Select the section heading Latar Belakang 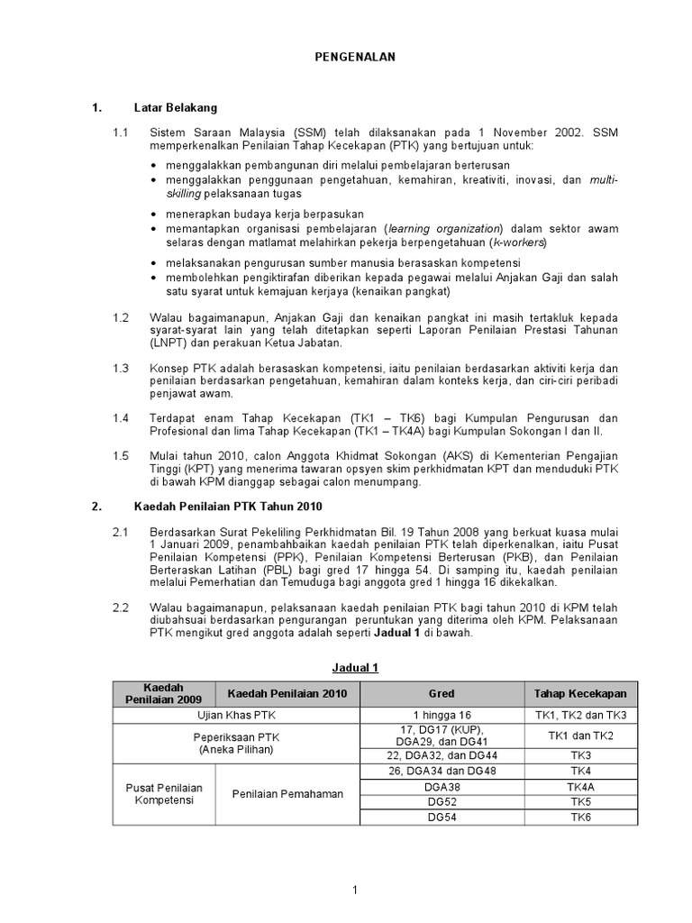pyautogui.click(x=176, y=108)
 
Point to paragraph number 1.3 pyautogui.click(x=121, y=369)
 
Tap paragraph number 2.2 pyautogui.click(x=121, y=608)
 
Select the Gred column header pyautogui.click(x=442, y=694)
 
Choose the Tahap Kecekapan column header pyautogui.click(x=580, y=694)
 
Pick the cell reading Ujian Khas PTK pyautogui.click(x=236, y=715)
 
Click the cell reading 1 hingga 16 pyautogui.click(x=442, y=715)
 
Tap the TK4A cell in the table pyautogui.click(x=580, y=786)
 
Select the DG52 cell pyautogui.click(x=442, y=800)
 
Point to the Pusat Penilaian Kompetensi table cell pyautogui.click(x=163, y=794)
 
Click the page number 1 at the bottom pyautogui.click(x=354, y=891)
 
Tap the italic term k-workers pyautogui.click(x=516, y=242)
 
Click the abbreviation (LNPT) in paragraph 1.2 pyautogui.click(x=169, y=343)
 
